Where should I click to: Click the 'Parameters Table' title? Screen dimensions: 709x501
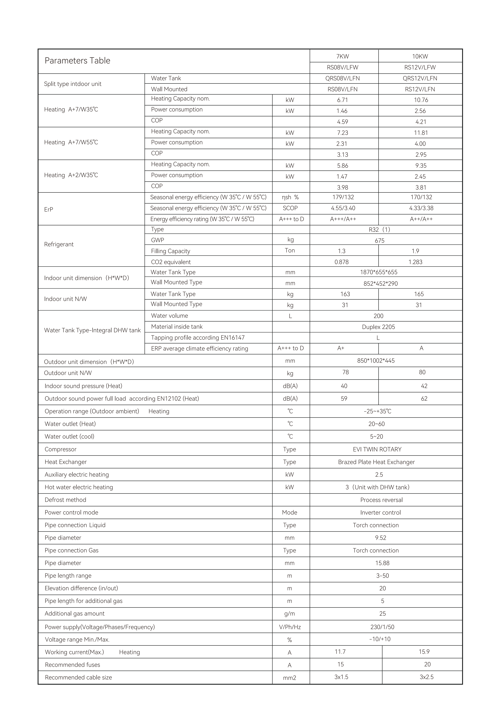(x=77, y=61)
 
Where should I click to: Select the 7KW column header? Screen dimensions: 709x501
(x=343, y=56)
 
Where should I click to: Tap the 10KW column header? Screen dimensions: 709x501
(x=420, y=56)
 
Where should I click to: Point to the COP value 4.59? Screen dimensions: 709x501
(x=343, y=122)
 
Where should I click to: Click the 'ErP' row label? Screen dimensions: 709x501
(x=49, y=209)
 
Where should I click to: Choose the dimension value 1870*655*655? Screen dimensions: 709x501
(x=379, y=272)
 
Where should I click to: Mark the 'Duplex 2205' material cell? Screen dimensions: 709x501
(x=378, y=327)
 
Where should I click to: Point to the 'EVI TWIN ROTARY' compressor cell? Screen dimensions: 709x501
(x=377, y=449)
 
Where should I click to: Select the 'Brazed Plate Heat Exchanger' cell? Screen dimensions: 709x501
(x=376, y=462)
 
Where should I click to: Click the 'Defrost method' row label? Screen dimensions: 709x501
(x=65, y=500)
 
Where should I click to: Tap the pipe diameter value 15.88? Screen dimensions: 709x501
(x=382, y=563)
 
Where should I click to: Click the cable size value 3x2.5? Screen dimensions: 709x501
(x=426, y=677)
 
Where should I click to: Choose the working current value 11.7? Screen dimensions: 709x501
(x=340, y=652)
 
